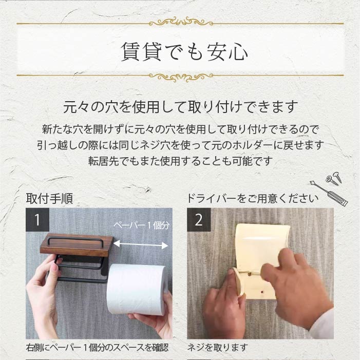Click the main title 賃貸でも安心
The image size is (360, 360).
coord(184,52)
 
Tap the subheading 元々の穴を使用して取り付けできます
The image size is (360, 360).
coord(180,106)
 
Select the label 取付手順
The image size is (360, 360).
coord(49,198)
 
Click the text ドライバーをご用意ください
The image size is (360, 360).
coord(253,199)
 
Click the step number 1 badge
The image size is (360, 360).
coord(37,220)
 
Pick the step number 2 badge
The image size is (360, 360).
coord(199,220)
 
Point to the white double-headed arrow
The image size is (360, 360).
coord(141,244)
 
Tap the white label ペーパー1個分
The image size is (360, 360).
coord(141,225)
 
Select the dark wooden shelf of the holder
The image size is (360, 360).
coord(77,245)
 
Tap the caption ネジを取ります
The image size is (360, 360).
coord(217,347)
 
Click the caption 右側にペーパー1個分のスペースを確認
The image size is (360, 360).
coord(97,347)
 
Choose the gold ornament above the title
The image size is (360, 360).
coord(181,22)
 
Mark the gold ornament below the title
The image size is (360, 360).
coord(181,77)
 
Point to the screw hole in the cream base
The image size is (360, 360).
coord(262,292)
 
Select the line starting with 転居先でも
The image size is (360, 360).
coord(180,161)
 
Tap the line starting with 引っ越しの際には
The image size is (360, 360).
coord(180,145)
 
